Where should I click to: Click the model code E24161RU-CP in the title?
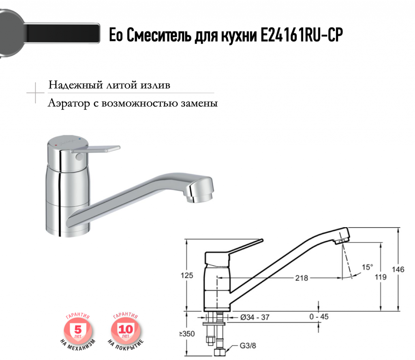click(302, 35)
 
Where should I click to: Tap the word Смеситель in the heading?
click(159, 35)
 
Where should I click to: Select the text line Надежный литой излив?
click(109, 85)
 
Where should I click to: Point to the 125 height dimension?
click(187, 275)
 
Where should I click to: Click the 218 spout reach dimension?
click(302, 278)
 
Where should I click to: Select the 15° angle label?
click(367, 267)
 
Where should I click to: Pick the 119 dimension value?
click(381, 277)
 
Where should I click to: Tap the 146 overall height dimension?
click(398, 270)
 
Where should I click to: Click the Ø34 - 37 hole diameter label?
click(255, 317)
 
